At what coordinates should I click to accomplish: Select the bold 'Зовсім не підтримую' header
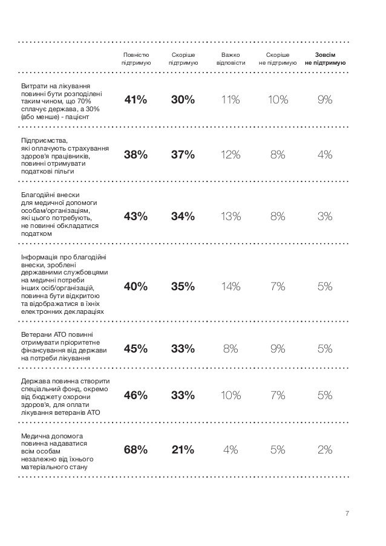325,58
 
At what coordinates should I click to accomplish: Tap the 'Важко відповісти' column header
231,58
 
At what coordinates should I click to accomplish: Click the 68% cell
136,449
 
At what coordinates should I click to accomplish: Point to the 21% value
183,449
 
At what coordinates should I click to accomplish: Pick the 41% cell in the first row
136,100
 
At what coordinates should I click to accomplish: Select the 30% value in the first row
183,100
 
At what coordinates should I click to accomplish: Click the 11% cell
231,100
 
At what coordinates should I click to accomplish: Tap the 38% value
136,155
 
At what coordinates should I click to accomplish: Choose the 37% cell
183,155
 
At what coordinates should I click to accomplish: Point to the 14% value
231,287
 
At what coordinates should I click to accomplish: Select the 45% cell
136,348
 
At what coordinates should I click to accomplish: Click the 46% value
136,396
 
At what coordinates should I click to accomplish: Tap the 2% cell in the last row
325,449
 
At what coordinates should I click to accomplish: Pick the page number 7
347,514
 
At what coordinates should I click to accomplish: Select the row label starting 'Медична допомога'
54,451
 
